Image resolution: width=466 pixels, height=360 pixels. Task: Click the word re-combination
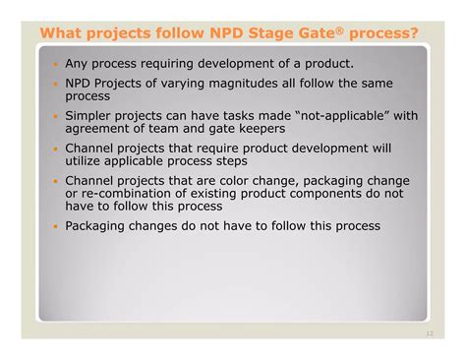(129, 193)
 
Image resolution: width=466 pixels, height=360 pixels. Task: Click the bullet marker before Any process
(55, 64)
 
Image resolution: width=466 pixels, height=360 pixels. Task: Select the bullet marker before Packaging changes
(55, 225)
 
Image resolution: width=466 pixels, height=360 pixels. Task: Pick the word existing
(217, 193)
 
